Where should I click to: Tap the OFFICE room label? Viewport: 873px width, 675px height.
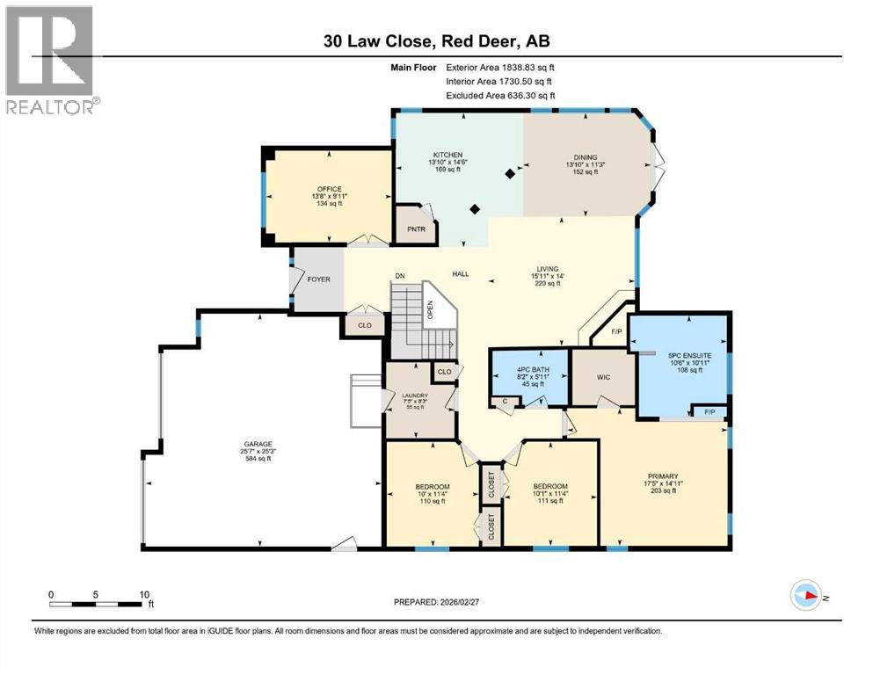point(328,187)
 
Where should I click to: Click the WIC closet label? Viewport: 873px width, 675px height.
point(603,376)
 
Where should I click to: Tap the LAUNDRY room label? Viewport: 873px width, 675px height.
point(415,396)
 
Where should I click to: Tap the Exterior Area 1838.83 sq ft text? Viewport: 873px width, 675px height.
point(500,66)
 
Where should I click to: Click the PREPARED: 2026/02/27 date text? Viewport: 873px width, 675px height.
point(437,602)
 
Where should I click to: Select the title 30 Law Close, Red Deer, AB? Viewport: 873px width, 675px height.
point(437,41)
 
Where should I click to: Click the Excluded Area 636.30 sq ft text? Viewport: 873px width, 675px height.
point(500,95)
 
